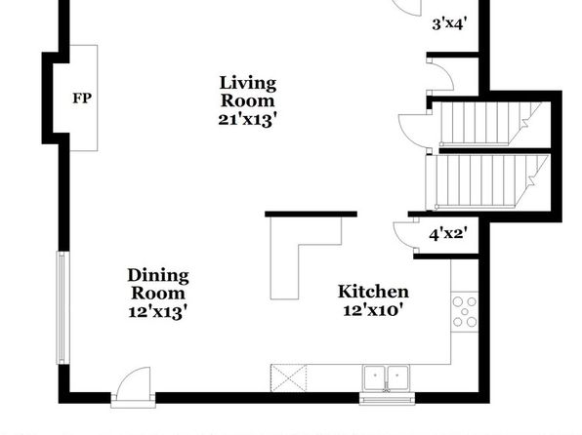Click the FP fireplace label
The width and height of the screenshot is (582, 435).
[82, 99]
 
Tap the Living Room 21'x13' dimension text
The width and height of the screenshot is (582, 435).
[248, 119]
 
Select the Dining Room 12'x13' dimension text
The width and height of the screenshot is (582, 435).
[157, 311]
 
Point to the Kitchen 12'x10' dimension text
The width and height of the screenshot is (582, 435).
[373, 309]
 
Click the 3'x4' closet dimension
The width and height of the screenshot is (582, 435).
[449, 24]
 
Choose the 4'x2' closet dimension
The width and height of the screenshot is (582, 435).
[448, 234]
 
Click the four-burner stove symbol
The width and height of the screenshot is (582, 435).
[465, 312]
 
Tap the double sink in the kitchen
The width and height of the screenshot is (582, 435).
[387, 377]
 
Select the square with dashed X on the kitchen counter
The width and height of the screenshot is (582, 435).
[289, 377]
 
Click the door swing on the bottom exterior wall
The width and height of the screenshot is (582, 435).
[134, 385]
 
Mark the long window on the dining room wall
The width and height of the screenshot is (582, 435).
[62, 308]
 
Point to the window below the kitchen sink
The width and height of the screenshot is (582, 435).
[387, 399]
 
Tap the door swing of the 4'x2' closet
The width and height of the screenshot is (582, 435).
[405, 235]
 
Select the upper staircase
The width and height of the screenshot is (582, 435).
[490, 123]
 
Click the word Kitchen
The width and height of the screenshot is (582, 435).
[373, 292]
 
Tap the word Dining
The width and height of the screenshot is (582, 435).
[158, 276]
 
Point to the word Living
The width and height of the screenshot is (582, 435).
[248, 83]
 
